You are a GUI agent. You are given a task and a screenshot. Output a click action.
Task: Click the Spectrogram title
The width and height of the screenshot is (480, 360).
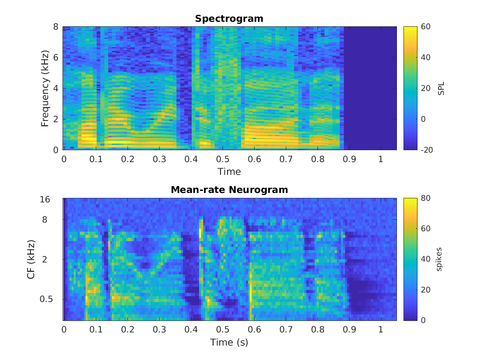[x=229, y=19]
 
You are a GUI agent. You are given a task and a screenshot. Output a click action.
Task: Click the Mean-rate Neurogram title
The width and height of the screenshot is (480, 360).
[x=229, y=190]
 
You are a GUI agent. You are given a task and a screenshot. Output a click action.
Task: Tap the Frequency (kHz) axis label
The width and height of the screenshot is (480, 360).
[x=45, y=88]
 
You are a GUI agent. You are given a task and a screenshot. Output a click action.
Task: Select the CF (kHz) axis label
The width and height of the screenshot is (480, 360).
[x=31, y=259]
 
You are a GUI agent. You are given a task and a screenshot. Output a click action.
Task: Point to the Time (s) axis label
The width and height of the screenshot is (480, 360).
[x=229, y=342]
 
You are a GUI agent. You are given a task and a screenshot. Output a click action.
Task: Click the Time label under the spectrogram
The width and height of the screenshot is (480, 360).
[x=229, y=171]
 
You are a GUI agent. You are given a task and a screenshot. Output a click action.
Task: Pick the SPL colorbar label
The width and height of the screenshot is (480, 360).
[x=441, y=88]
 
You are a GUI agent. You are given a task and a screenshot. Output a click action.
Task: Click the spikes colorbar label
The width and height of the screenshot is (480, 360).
[x=439, y=259]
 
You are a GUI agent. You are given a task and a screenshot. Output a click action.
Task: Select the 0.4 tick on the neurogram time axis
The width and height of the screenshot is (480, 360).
[x=191, y=330]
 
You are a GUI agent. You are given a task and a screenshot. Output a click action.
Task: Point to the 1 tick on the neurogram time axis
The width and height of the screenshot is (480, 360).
[x=381, y=330]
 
